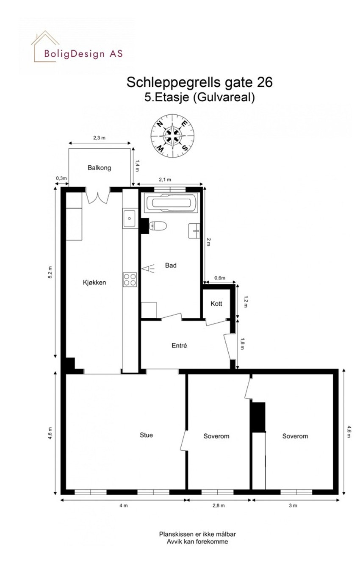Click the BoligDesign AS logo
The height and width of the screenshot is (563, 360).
coord(77,49)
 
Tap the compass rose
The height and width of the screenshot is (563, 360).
coord(172,135)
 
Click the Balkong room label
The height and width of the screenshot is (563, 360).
coord(99,168)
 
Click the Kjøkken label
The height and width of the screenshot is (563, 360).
coord(94,283)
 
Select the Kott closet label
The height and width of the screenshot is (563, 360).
coord(216,304)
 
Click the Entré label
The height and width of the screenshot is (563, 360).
coord(179,346)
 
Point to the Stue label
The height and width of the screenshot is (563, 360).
coord(147,435)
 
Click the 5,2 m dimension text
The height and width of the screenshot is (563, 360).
coord(50,272)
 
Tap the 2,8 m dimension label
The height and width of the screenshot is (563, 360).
coord(219,505)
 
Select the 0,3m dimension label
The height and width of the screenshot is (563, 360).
coord(62,178)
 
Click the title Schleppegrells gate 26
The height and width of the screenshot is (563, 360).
coord(199,82)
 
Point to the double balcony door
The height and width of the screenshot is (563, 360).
coord(99,196)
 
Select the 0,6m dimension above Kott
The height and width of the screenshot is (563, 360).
coord(219,278)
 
